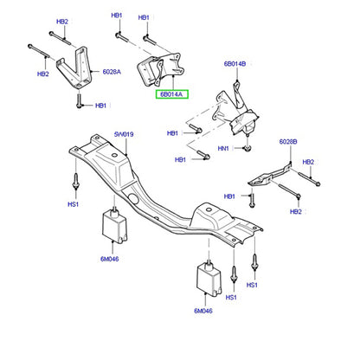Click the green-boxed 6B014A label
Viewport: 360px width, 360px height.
(172, 94)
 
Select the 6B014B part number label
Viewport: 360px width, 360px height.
(235, 64)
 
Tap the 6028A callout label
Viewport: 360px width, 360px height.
(112, 72)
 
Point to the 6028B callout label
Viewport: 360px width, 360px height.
(288, 142)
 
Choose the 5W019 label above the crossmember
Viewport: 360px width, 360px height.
(124, 134)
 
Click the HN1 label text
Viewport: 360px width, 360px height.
(223, 149)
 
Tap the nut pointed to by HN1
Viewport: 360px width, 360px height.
(247, 149)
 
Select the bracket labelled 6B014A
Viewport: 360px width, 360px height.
(160, 70)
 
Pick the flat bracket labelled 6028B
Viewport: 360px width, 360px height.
(270, 176)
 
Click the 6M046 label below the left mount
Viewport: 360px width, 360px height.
(110, 259)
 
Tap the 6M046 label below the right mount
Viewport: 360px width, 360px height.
(203, 311)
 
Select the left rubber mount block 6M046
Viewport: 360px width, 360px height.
(114, 226)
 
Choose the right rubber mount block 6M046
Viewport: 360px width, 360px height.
(209, 279)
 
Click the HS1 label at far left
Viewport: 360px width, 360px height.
(73, 204)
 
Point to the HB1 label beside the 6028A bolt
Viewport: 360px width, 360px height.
(100, 106)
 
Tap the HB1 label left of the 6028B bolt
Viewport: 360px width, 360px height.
(229, 196)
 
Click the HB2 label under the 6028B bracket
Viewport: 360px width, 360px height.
(296, 212)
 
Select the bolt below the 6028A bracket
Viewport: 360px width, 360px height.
(79, 100)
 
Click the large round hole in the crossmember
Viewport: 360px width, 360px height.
(133, 198)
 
